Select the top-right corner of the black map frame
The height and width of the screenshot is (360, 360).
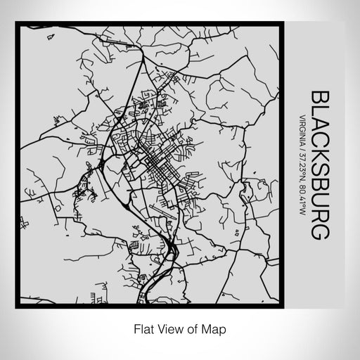pos(288,25)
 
